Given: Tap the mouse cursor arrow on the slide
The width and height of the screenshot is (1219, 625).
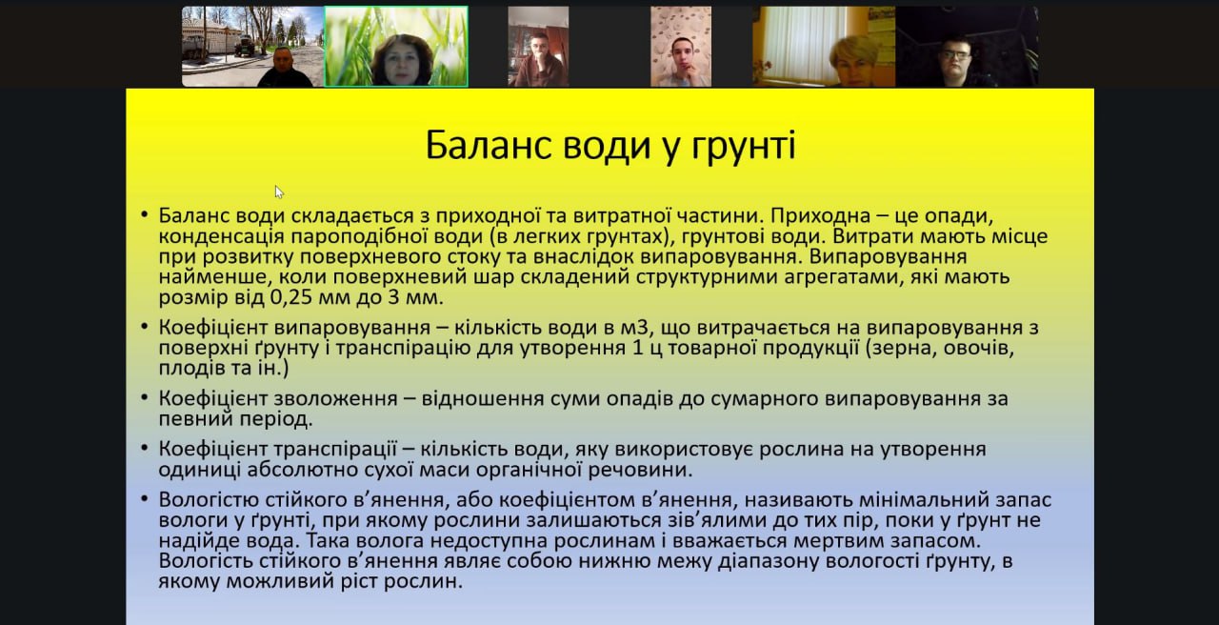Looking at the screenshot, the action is (x=279, y=192).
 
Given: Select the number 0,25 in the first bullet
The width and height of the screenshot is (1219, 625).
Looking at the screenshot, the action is (x=291, y=298).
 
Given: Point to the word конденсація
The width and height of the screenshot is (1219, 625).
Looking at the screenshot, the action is (x=222, y=236).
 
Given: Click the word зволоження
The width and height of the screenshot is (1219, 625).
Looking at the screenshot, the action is (x=336, y=398).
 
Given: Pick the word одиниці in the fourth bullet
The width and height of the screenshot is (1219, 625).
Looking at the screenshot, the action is (x=199, y=470).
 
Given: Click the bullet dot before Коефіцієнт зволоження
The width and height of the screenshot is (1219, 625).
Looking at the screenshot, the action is (x=144, y=398).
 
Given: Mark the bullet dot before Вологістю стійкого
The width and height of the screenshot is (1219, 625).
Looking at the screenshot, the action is (x=144, y=499).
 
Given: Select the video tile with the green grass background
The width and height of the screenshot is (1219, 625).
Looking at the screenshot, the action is (x=396, y=47).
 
